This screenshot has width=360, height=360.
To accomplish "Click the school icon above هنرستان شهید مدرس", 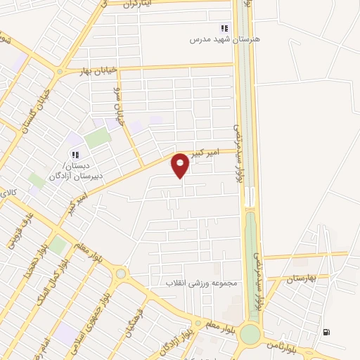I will (x=224, y=29).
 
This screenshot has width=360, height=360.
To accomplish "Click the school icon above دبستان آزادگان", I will (x=74, y=155).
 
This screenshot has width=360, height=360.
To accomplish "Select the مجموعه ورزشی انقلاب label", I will (x=204, y=283).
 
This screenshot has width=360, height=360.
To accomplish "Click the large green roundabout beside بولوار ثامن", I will (x=250, y=334).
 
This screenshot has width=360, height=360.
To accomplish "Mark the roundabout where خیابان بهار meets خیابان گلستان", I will (x=58, y=72).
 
